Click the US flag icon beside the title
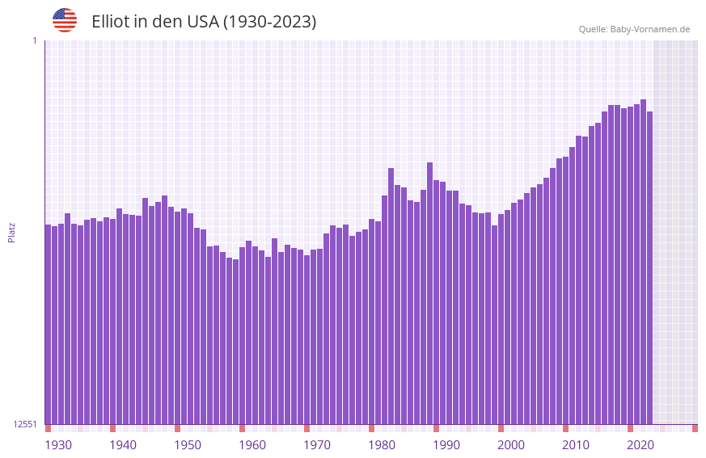pyautogui.click(x=65, y=20)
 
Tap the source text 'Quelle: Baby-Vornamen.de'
pyautogui.click(x=634, y=29)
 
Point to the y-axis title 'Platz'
pyautogui.click(x=11, y=232)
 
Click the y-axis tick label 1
pyautogui.click(x=34, y=40)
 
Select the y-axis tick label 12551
pyautogui.click(x=25, y=424)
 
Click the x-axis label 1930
pyautogui.click(x=58, y=445)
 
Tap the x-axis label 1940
pyautogui.click(x=123, y=445)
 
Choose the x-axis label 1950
pyautogui.click(x=188, y=445)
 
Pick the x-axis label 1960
pyautogui.click(x=252, y=445)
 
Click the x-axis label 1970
pyautogui.click(x=317, y=445)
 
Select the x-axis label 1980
pyautogui.click(x=382, y=445)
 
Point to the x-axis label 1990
pyautogui.click(x=446, y=445)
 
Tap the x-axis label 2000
pyautogui.click(x=511, y=445)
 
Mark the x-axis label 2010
pyautogui.click(x=576, y=445)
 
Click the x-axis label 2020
pyautogui.click(x=640, y=445)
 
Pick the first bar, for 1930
pyautogui.click(x=48, y=323)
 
